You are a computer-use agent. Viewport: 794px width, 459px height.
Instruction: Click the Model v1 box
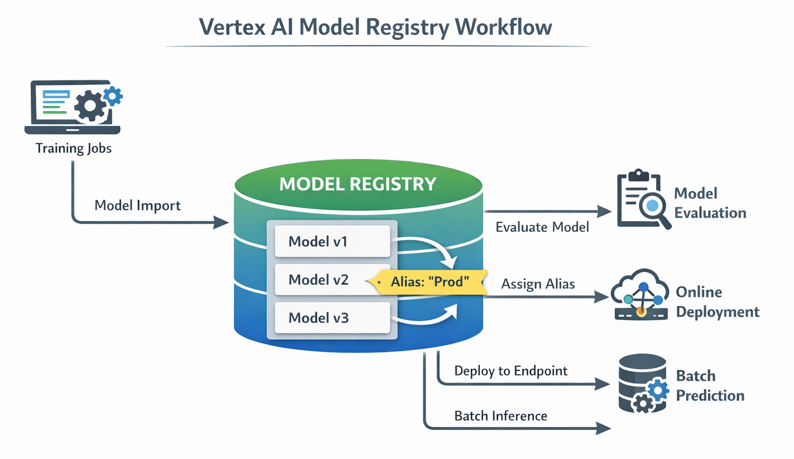(332, 242)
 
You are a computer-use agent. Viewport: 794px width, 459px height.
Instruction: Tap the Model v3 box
(332, 318)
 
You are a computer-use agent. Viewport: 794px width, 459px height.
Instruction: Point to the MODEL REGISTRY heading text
(357, 184)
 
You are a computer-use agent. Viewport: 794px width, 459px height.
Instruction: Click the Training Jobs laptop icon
(73, 107)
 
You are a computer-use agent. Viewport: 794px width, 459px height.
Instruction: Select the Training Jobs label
(73, 149)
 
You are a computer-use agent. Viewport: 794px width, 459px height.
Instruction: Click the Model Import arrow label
(137, 205)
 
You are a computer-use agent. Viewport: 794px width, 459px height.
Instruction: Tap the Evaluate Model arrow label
(542, 227)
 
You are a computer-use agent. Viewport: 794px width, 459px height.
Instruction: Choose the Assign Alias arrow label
(538, 284)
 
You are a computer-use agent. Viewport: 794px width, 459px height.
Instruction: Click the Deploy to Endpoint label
(511, 370)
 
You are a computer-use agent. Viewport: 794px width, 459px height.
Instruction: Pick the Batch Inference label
(500, 415)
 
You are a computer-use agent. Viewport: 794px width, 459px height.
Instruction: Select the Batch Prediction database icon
(643, 384)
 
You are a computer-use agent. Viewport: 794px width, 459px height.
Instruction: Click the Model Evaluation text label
(710, 203)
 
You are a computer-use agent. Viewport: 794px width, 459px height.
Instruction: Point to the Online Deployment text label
(718, 302)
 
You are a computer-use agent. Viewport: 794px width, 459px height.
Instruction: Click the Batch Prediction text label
(710, 385)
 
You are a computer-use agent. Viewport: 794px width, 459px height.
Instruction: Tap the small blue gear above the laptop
(113, 96)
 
